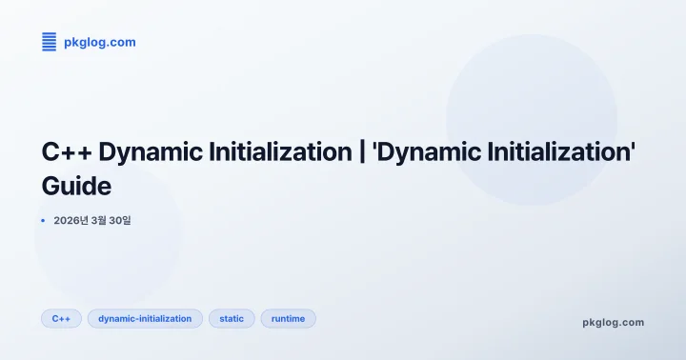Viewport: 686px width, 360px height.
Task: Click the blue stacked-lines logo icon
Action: coord(50,41)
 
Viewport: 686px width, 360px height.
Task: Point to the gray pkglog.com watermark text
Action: coord(613,322)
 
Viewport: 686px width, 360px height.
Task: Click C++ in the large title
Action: coord(67,151)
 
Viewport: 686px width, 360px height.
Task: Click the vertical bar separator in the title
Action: coord(363,151)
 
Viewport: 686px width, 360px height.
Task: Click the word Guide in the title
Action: coord(77,184)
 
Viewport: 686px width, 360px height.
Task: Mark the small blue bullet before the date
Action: coord(43,221)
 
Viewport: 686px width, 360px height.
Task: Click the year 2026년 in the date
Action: coord(71,221)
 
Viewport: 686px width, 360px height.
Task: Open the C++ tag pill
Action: coord(62,318)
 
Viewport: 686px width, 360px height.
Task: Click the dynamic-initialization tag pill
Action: coord(145,318)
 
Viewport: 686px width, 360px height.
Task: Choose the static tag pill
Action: coord(232,318)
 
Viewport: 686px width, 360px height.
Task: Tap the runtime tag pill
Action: coord(288,318)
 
